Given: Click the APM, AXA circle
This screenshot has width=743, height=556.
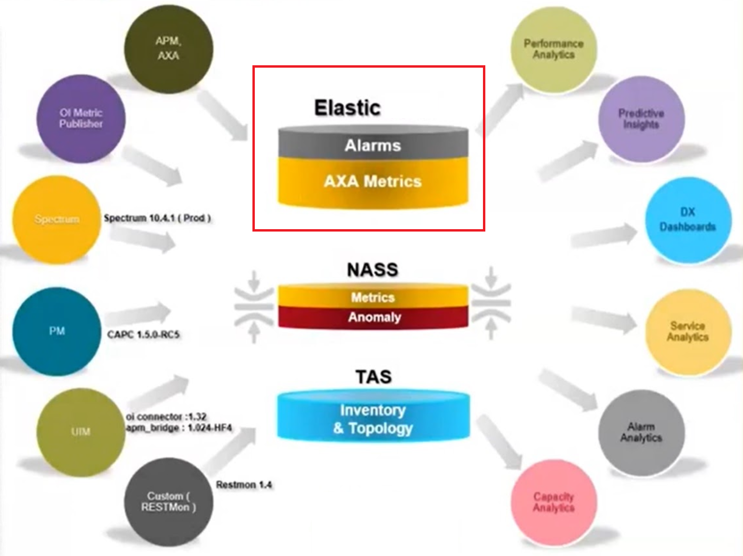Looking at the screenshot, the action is (169, 49).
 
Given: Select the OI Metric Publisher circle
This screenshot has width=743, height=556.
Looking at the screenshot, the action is (81, 119).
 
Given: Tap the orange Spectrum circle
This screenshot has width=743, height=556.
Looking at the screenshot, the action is (57, 220).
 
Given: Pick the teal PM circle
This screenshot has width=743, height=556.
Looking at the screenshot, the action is (57, 331).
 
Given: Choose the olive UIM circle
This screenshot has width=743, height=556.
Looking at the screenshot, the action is (81, 432).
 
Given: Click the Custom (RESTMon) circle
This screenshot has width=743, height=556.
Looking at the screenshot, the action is (169, 502).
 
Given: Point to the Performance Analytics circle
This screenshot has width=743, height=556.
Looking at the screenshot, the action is (554, 50).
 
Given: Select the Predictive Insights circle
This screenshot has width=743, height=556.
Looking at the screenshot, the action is (641, 119).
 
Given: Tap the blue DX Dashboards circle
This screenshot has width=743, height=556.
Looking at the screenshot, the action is (688, 220).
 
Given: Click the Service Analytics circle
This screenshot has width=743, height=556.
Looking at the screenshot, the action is (688, 332).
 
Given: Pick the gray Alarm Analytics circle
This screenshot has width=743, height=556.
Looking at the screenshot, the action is (641, 433).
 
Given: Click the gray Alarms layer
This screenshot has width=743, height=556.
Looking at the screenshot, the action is (373, 143).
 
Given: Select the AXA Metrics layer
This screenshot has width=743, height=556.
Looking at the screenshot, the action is (373, 182).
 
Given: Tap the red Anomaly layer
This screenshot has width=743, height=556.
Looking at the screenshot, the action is (373, 318).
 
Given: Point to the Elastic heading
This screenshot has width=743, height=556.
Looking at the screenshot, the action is (348, 108).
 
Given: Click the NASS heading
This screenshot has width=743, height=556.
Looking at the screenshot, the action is (372, 270).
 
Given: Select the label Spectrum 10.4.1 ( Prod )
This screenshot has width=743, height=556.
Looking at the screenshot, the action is (157, 218).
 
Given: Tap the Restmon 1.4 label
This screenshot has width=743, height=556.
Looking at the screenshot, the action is (244, 485).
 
